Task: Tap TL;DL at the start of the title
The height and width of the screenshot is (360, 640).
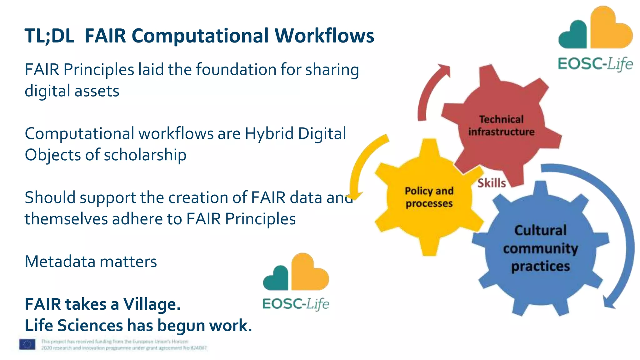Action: click(49, 36)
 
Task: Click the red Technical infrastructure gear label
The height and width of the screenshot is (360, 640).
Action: click(501, 126)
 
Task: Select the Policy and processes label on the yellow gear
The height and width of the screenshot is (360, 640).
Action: click(429, 197)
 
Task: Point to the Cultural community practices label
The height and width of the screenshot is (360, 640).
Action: click(540, 248)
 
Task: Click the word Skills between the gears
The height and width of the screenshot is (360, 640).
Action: click(491, 183)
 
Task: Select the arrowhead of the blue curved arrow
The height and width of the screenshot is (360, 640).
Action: click(609, 302)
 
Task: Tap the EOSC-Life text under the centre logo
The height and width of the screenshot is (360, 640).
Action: click(296, 304)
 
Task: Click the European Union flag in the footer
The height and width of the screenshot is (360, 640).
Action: click(27, 344)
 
